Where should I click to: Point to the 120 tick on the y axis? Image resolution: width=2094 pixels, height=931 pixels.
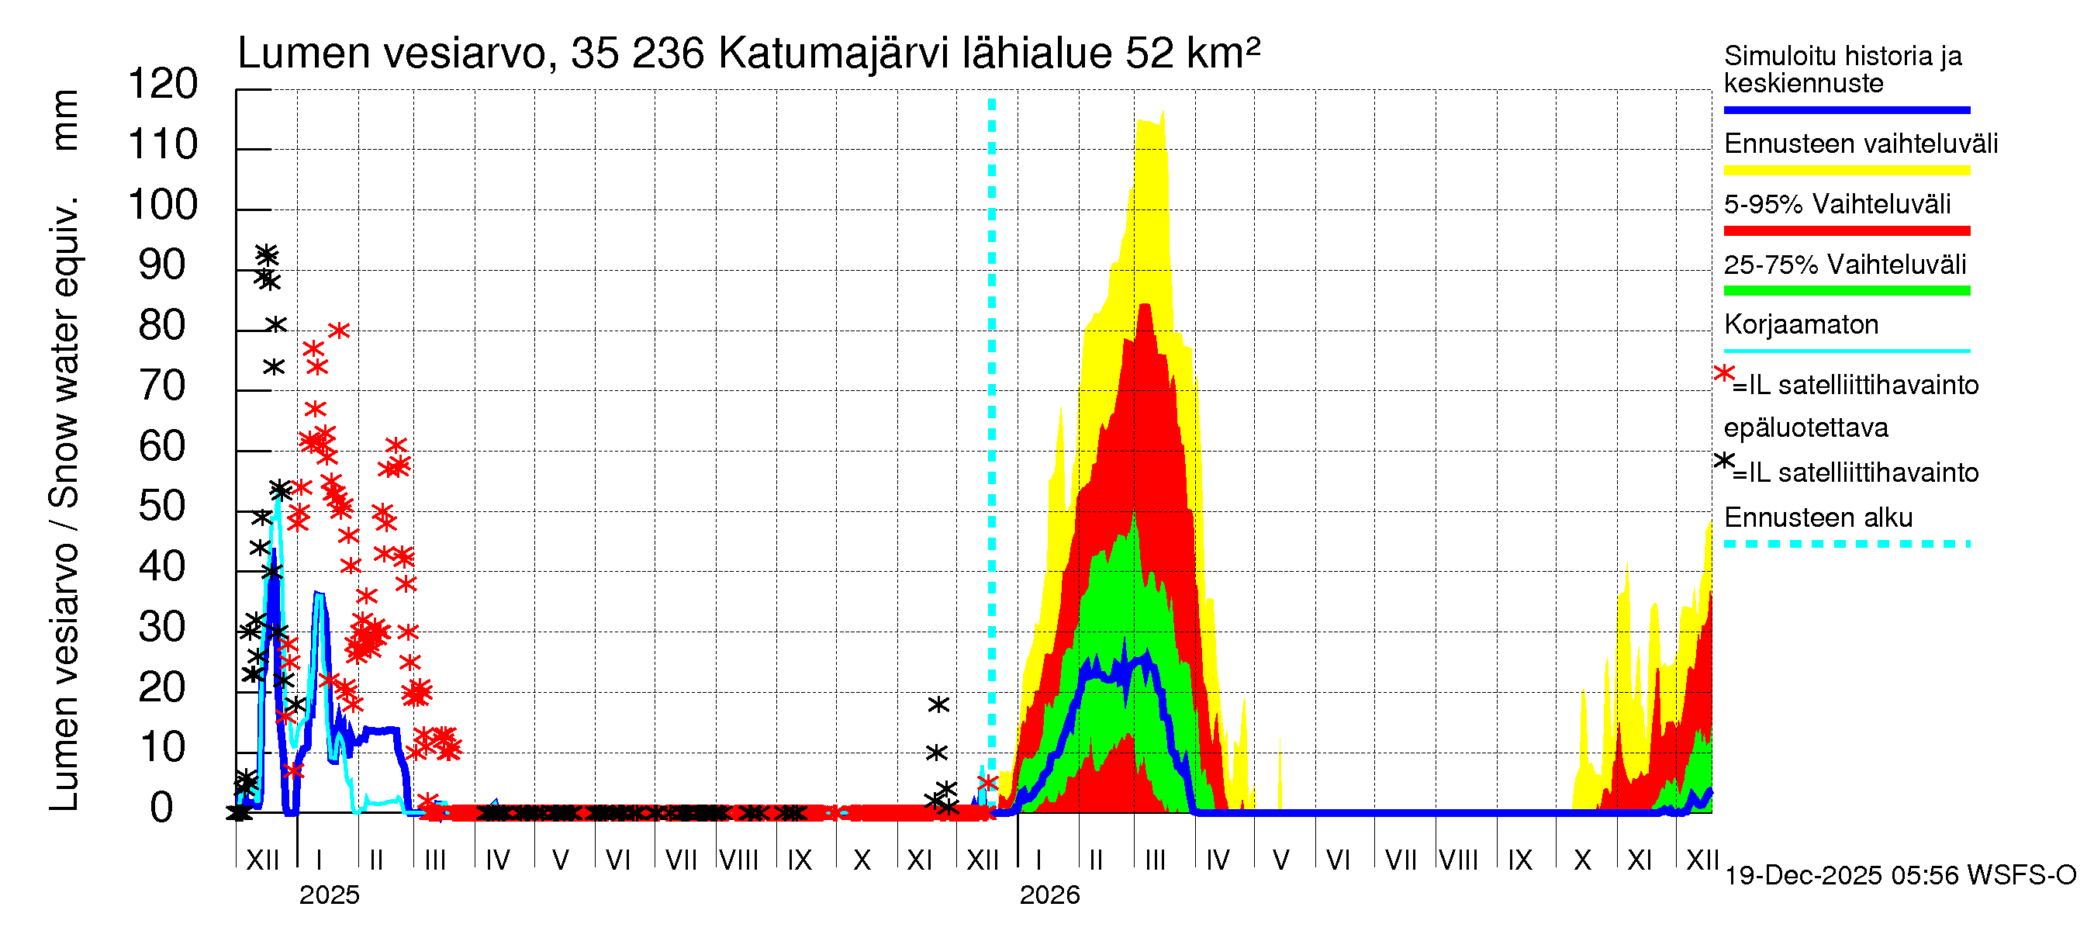coord(163,84)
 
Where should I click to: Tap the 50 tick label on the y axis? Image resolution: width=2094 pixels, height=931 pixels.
coord(163,507)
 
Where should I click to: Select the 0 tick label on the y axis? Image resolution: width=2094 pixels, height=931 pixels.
coord(162,808)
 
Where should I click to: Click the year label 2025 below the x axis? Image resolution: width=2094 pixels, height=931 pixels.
coord(329,895)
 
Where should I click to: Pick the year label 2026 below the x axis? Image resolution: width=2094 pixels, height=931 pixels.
coord(1049,895)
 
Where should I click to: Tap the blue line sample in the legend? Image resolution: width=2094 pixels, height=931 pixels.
coord(1846,109)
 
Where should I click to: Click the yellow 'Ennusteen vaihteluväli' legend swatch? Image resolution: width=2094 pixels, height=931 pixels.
coord(1846,171)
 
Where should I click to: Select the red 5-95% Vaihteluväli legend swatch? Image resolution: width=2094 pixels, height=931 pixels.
coord(1846,231)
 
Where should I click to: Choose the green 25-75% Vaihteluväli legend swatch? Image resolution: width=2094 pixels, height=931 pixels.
coord(1846,291)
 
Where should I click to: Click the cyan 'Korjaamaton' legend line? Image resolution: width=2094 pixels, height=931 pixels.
coord(1846,351)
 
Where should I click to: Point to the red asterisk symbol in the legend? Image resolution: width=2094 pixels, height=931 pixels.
coord(1723,373)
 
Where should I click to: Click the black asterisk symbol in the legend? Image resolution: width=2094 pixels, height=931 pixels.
coord(1723,460)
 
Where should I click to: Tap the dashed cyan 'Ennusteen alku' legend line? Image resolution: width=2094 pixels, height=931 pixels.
coord(1846,544)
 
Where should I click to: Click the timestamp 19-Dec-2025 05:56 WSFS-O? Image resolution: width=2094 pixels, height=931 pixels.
coord(1899,876)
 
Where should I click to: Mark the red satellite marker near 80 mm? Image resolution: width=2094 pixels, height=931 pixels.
coord(339,331)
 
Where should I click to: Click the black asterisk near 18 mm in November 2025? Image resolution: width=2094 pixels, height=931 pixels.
coord(938,705)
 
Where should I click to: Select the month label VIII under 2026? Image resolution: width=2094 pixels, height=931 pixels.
coord(1458,860)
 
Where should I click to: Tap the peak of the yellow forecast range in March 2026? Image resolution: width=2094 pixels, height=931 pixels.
coord(1163,112)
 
